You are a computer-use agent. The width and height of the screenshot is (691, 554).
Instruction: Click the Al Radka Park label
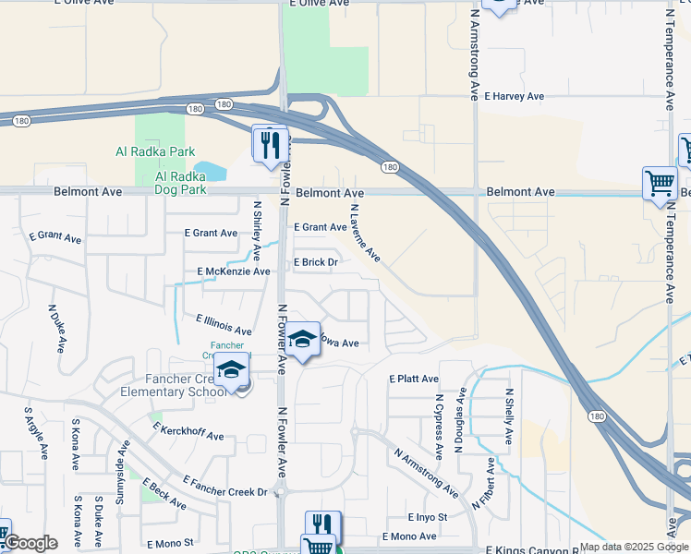pyautogui.click(x=155, y=151)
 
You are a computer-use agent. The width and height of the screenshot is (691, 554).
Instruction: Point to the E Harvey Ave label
pyautogui.click(x=506, y=96)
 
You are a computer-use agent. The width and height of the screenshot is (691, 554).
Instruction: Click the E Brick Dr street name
pyautogui.click(x=316, y=262)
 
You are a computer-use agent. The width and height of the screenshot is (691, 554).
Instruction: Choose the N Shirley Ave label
pyautogui.click(x=257, y=225)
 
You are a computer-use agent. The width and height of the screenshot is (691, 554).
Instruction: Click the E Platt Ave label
pyautogui.click(x=413, y=379)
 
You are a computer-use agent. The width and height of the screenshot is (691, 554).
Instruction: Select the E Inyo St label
pyautogui.click(x=428, y=517)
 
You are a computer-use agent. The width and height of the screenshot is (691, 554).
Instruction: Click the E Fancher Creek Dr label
pyautogui.click(x=224, y=486)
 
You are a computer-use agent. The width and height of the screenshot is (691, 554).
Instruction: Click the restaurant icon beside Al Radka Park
pyautogui.click(x=271, y=145)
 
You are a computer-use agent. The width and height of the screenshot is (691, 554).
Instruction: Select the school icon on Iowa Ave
pyautogui.click(x=301, y=340)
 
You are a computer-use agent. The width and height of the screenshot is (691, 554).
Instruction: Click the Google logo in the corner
pyautogui.click(x=30, y=543)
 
